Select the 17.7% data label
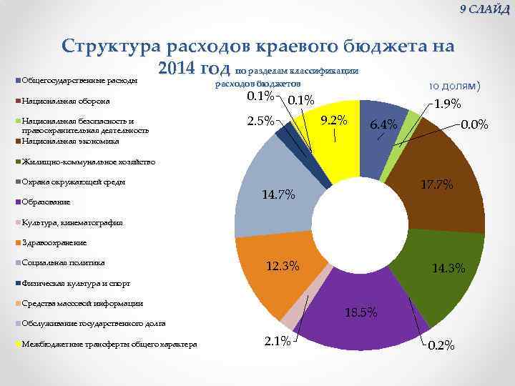(437, 184)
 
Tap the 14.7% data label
(278, 195)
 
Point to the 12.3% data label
(283, 267)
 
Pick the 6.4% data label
(383, 125)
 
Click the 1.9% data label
(447, 104)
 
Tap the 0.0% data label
(475, 124)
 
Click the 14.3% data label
(448, 269)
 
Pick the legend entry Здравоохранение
(54, 242)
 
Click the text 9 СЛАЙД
(484, 9)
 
